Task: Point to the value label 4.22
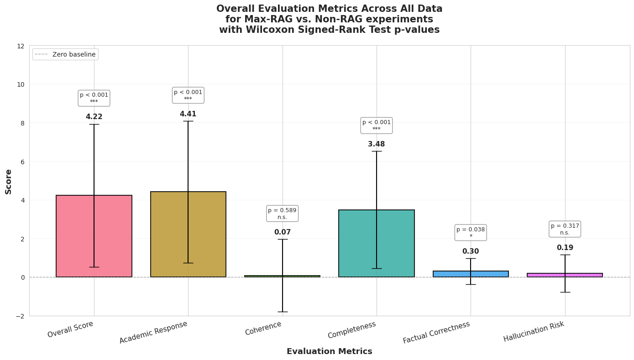(94, 117)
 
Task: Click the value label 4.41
(188, 114)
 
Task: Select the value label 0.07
(282, 232)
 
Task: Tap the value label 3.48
(376, 144)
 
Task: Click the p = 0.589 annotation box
(282, 214)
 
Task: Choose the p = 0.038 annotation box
(471, 233)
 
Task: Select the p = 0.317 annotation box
(565, 229)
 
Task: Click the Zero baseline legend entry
(65, 54)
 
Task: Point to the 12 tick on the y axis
(21, 46)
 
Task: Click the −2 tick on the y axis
(20, 316)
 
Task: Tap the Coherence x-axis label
(263, 328)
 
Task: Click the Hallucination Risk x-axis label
(534, 331)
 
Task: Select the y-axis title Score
(8, 181)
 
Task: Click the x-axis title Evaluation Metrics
(329, 351)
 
